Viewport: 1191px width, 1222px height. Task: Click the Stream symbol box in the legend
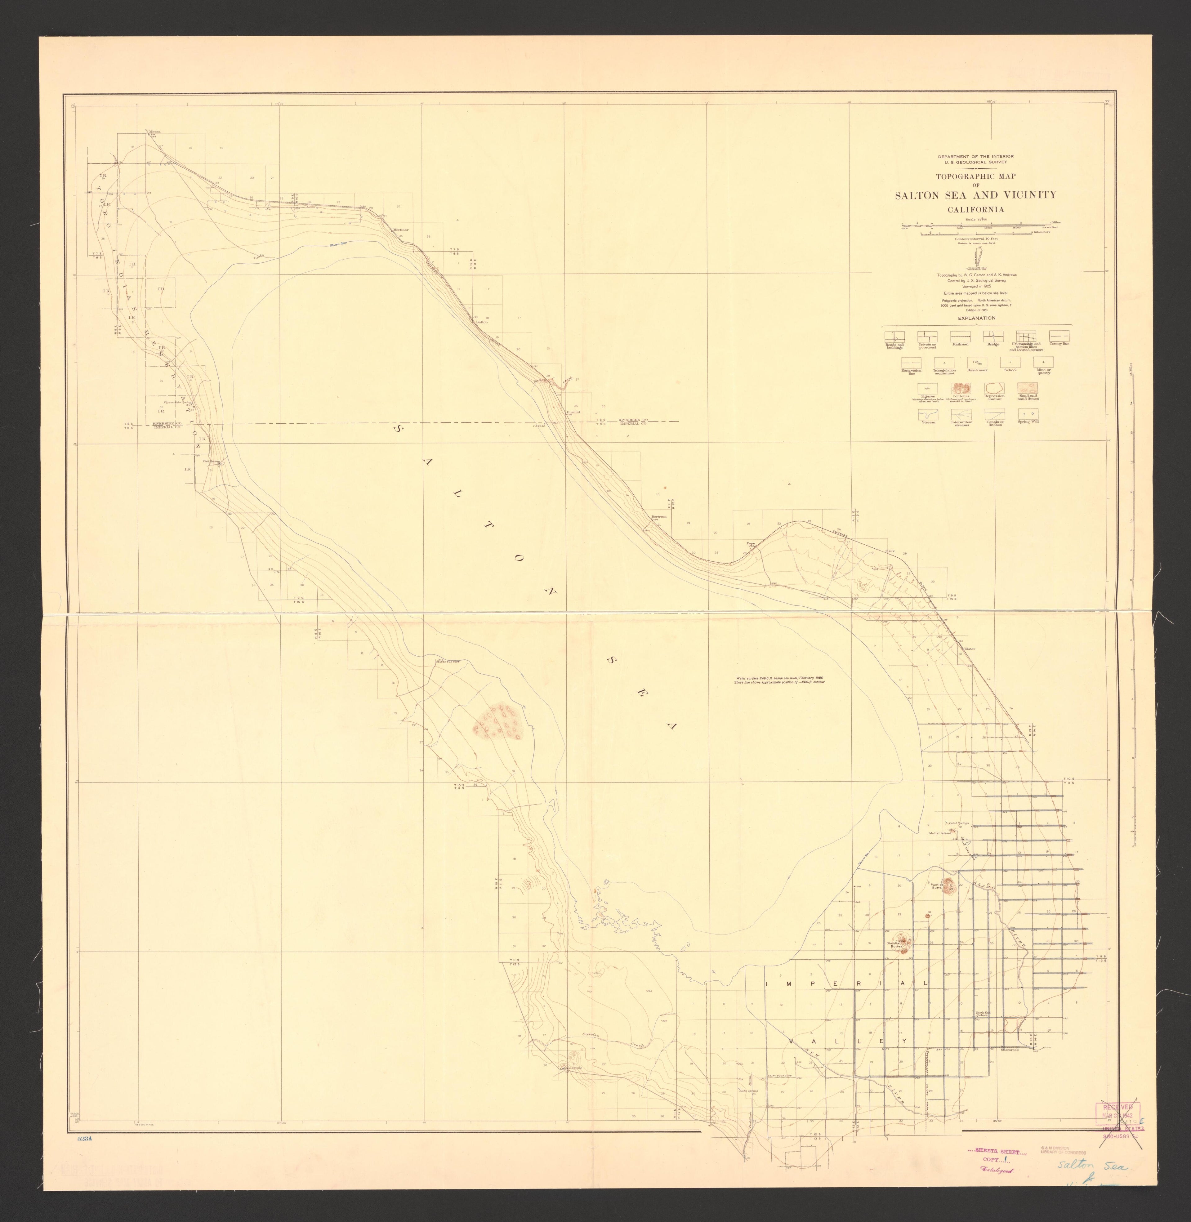coord(928,414)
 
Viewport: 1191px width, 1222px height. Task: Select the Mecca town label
coord(154,132)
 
